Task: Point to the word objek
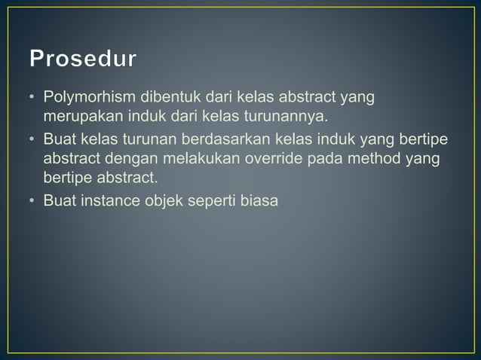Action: [x=165, y=202]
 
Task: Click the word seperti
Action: [x=218, y=202]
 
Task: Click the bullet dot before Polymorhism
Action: [x=33, y=99]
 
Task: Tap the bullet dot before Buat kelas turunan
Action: [x=33, y=141]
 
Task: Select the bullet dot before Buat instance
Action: [x=33, y=203]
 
